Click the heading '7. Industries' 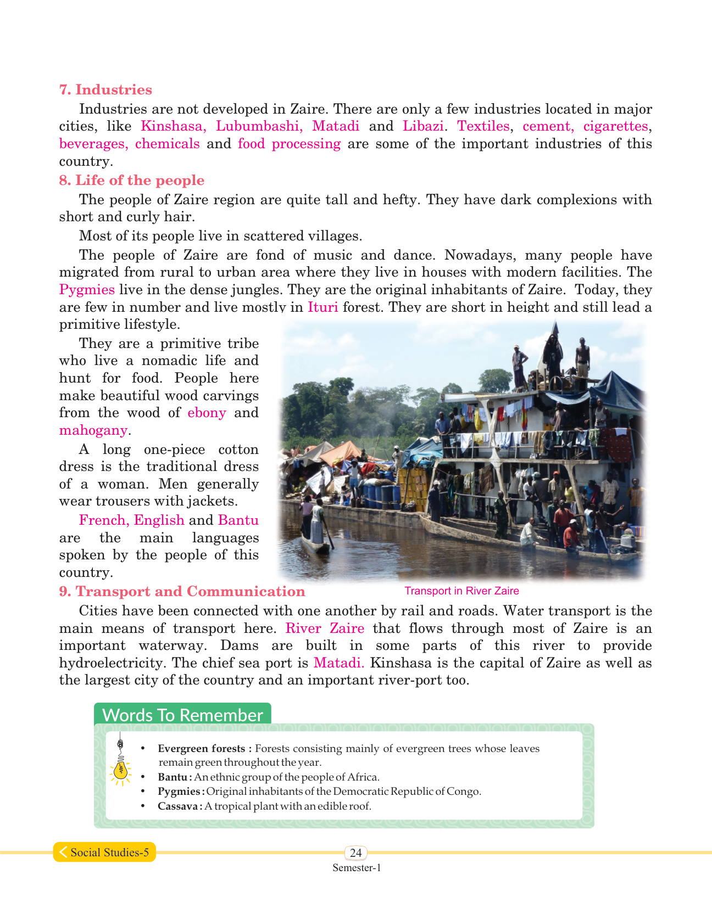tap(105, 90)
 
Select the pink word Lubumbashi tap(259, 126)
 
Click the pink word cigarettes tap(616, 126)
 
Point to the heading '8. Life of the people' tap(131, 181)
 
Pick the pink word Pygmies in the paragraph tap(87, 290)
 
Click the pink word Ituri tap(322, 307)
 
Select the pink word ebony tap(207, 413)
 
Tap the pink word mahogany tap(93, 430)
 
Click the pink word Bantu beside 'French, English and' tap(238, 520)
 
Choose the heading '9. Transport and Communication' tap(182, 592)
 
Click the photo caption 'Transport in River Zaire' tap(461, 591)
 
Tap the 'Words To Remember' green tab tap(182, 715)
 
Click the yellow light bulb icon tap(120, 769)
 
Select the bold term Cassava tap(177, 806)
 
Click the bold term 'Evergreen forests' tap(201, 749)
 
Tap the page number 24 tap(356, 852)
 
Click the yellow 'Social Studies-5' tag tap(104, 852)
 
